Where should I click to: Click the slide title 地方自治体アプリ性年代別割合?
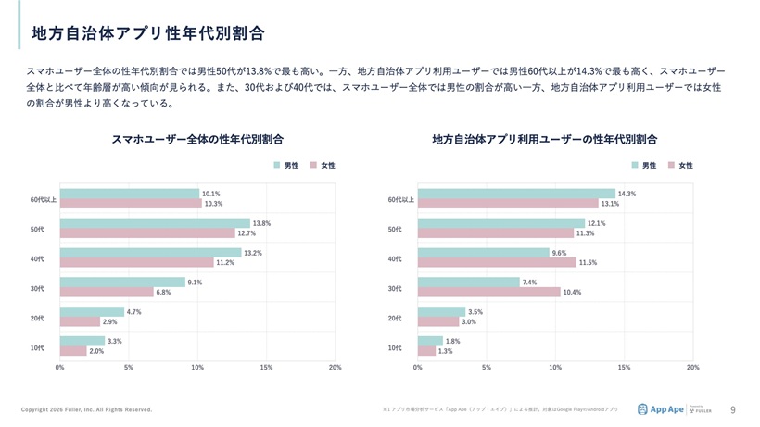click(x=148, y=33)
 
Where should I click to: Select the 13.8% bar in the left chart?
click(x=155, y=223)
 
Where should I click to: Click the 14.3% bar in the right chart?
click(x=515, y=194)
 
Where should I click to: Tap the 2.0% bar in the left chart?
click(x=73, y=351)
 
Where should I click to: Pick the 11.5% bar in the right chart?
click(x=496, y=262)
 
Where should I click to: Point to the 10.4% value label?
click(x=572, y=292)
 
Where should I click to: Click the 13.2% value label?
click(x=252, y=253)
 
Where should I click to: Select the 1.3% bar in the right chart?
click(x=426, y=351)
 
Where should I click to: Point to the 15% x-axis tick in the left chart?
click(x=266, y=368)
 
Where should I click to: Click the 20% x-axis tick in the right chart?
click(x=692, y=368)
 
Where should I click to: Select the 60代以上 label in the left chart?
click(x=43, y=199)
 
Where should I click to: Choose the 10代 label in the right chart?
click(x=395, y=347)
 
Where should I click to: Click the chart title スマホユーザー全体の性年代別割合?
click(x=197, y=140)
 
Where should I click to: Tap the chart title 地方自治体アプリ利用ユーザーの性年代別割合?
click(x=544, y=140)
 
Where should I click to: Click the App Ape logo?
click(x=661, y=408)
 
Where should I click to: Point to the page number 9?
click(x=733, y=408)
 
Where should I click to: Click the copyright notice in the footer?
click(x=87, y=409)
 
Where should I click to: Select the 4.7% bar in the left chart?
click(x=92, y=312)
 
